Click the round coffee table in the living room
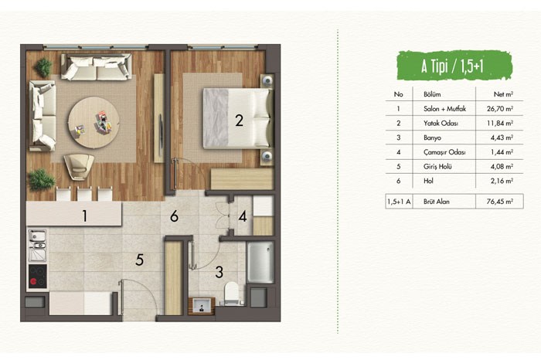coord(94,122)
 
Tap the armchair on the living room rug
coord(79,166)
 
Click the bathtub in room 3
coord(260,262)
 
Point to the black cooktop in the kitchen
coord(38,277)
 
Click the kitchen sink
coord(37,246)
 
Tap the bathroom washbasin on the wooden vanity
coord(202,305)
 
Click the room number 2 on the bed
coord(239,121)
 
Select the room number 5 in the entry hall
coord(139,260)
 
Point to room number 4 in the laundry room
coord(243,216)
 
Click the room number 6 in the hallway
coord(174,216)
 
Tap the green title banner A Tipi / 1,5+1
coord(454,66)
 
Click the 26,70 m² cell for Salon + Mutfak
coord(500,109)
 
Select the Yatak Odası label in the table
coord(441,123)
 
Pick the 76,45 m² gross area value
coord(500,202)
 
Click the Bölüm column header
coord(432,94)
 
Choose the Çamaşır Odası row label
coord(444,152)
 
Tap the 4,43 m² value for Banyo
coord(502,138)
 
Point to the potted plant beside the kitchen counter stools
coord(42,180)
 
